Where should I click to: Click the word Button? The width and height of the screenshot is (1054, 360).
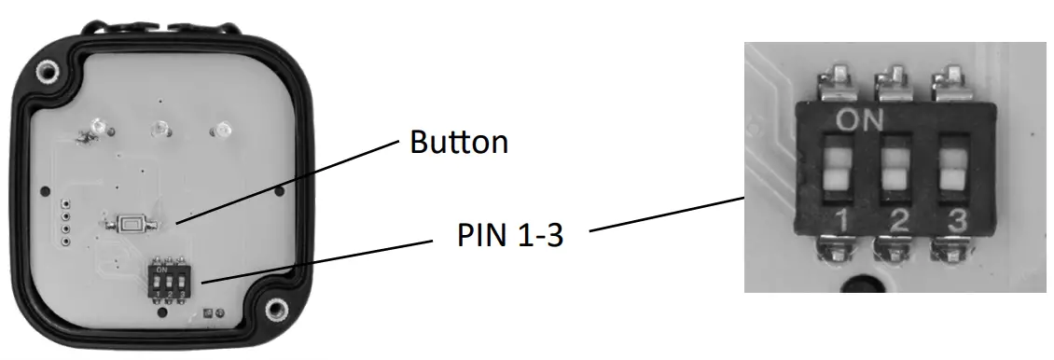coord(459,143)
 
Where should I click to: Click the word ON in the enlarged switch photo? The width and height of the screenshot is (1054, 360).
coord(860,119)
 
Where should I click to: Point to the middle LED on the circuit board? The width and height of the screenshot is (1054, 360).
coord(160,128)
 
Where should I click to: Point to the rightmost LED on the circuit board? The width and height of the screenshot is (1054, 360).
coord(222,130)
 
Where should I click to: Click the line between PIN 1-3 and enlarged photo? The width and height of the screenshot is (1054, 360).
coord(668,215)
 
